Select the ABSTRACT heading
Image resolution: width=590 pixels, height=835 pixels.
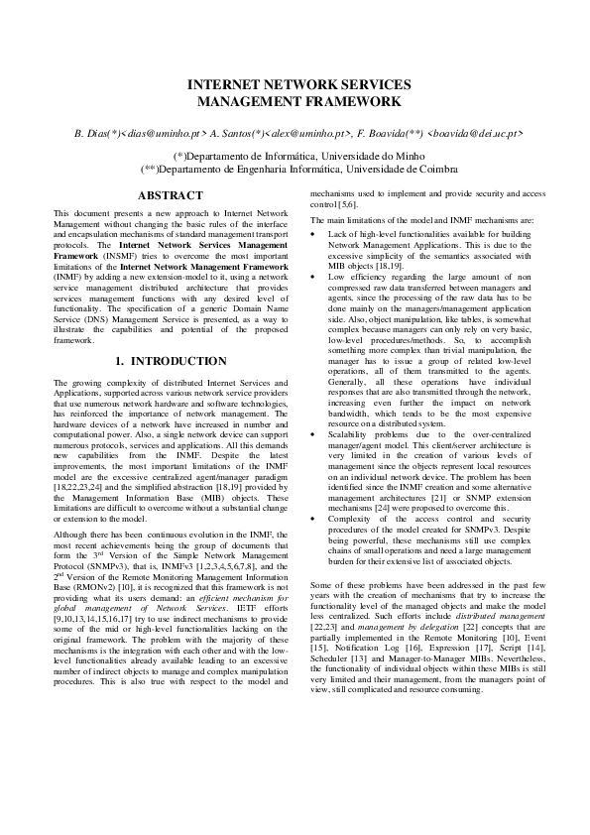[172, 196]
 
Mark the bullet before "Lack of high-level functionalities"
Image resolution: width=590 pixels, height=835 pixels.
[314, 234]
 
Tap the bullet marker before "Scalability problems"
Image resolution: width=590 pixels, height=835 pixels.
[314, 434]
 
